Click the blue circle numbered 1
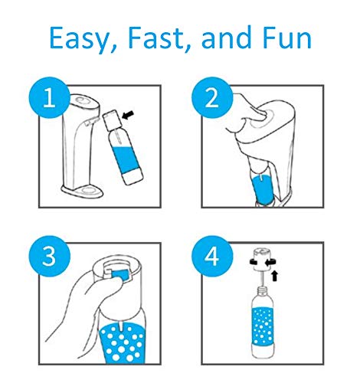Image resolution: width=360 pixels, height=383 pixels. (x=50, y=98)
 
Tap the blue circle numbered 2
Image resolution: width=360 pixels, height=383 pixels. (x=212, y=98)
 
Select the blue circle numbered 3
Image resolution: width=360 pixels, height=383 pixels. (x=50, y=256)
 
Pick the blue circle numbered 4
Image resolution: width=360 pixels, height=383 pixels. (x=212, y=256)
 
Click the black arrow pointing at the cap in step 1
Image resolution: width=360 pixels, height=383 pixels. (x=128, y=115)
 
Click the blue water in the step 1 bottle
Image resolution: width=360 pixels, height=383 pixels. (x=126, y=156)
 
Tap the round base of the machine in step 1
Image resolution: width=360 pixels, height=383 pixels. (x=82, y=191)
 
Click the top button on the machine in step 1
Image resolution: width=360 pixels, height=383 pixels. (x=83, y=100)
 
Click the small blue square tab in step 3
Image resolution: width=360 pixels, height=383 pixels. (x=119, y=274)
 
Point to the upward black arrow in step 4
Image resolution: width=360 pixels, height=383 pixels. (x=274, y=276)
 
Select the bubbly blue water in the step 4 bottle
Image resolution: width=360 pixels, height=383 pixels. (x=263, y=326)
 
